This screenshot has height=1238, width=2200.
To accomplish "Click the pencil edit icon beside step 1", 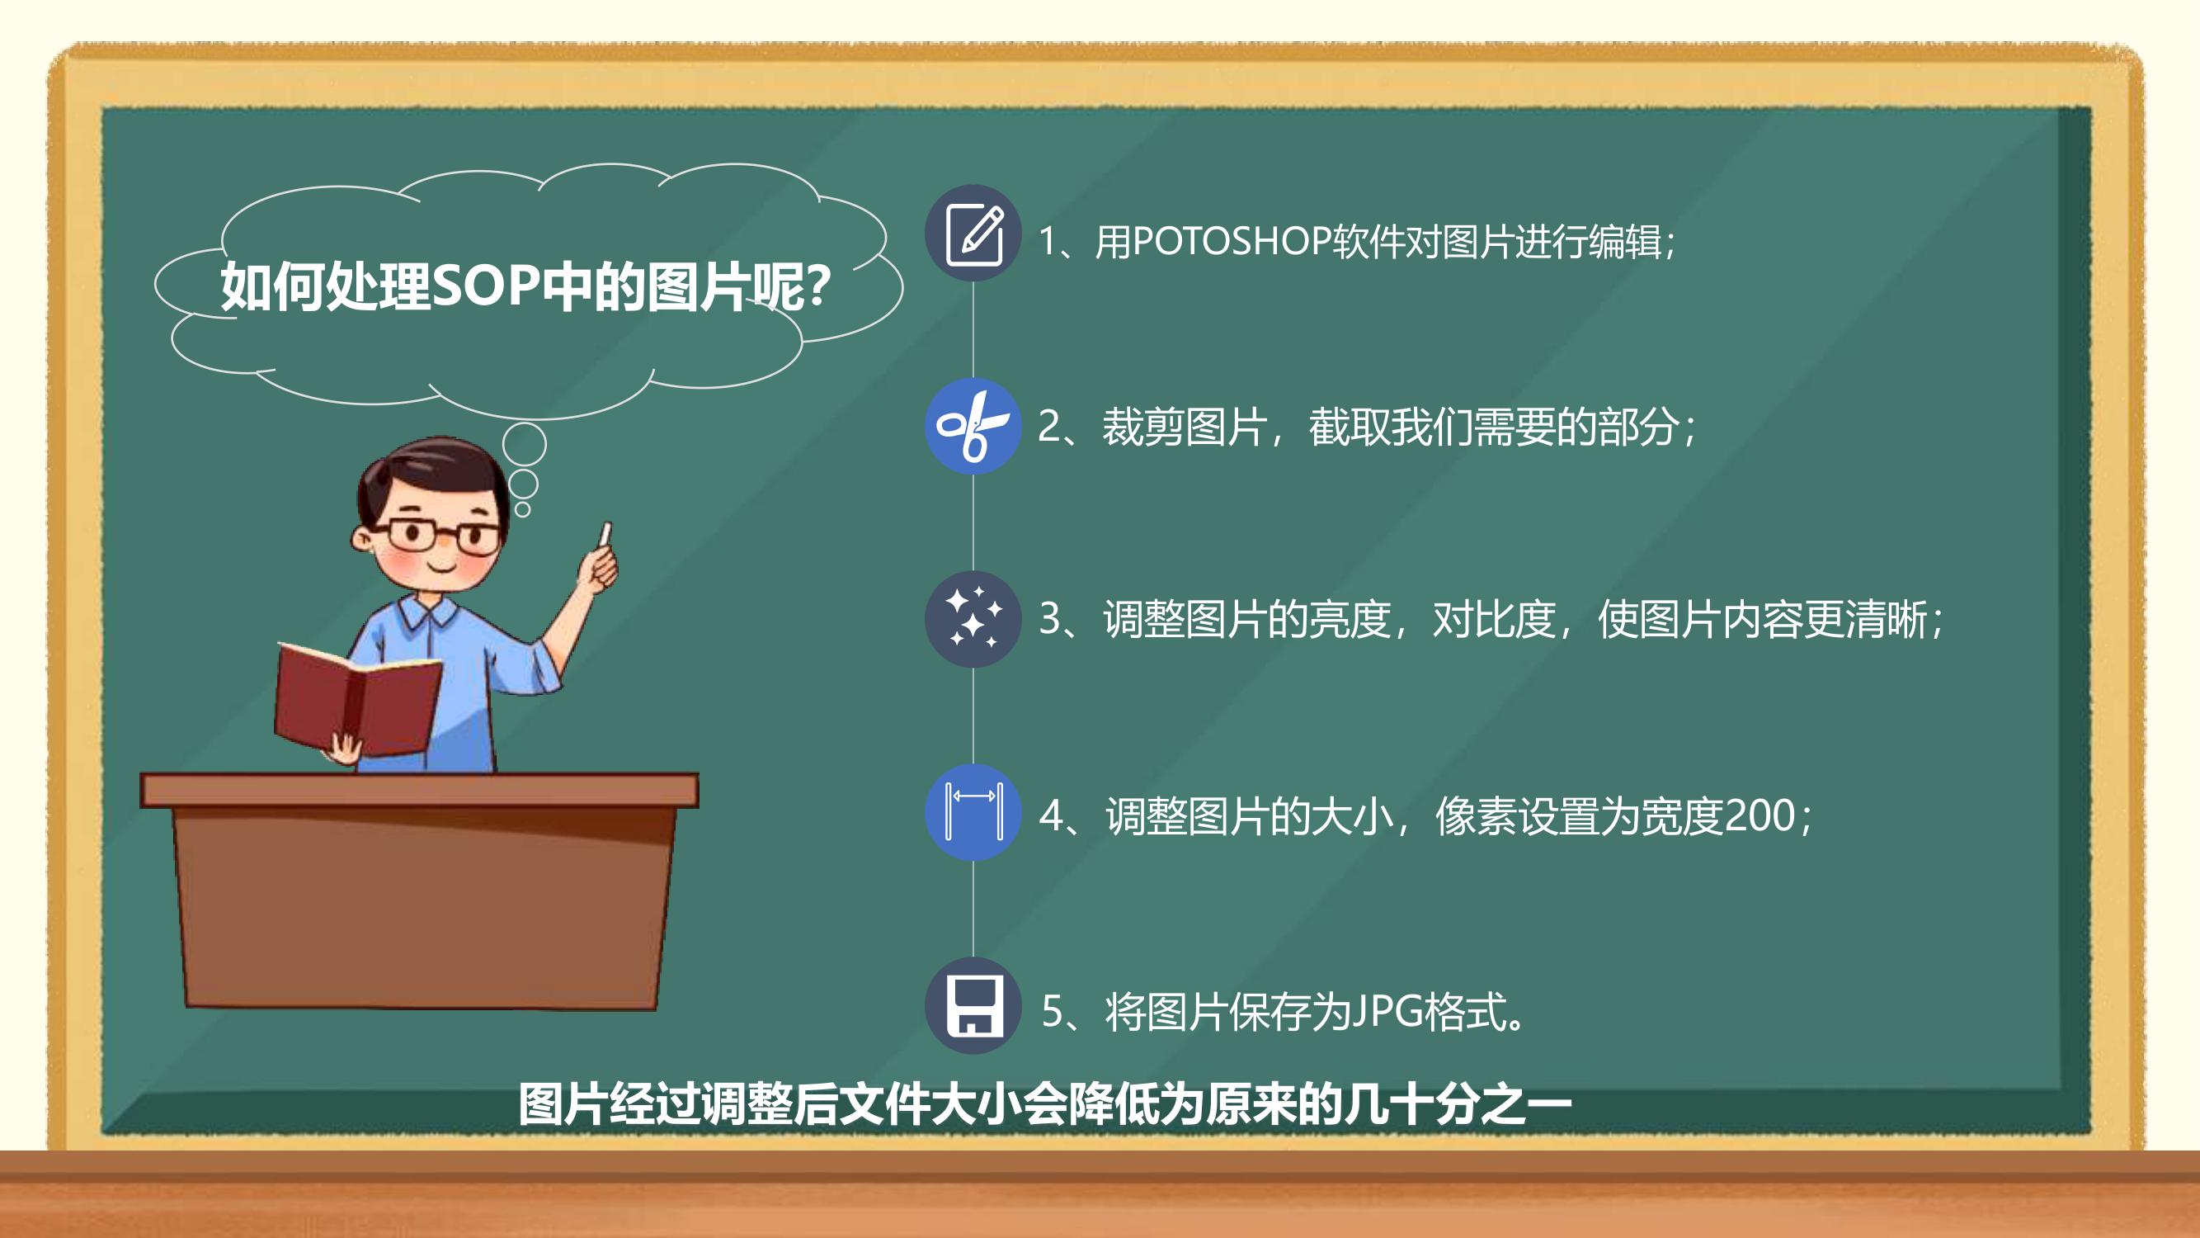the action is point(973,234).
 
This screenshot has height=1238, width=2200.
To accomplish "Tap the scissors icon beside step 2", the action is point(973,426).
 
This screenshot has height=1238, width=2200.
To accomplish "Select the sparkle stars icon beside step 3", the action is point(973,618).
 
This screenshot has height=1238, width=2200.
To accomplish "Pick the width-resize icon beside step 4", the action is point(973,811).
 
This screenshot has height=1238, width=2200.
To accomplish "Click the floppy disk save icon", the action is point(973,1005).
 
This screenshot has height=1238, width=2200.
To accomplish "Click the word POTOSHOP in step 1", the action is point(1232,241).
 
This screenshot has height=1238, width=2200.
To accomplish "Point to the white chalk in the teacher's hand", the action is point(605,534).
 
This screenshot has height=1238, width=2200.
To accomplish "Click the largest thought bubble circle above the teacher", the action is point(524,443).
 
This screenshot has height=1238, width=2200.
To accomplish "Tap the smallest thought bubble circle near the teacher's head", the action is point(523,509).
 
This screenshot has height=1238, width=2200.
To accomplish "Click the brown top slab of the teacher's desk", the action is point(419,791).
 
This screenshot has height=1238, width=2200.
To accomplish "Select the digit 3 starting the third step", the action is point(1049,618).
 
